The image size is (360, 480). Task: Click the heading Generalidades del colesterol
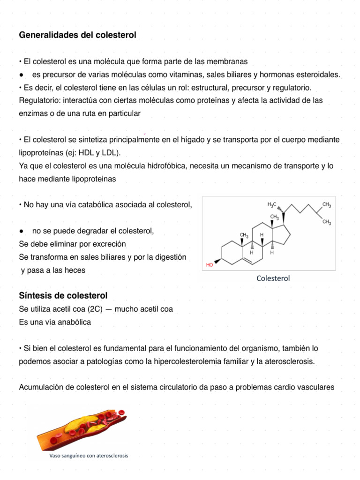coord(77,35)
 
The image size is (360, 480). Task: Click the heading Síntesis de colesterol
coord(63,295)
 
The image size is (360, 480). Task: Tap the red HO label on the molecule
coord(210,265)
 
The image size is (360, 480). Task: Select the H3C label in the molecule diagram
coord(272,205)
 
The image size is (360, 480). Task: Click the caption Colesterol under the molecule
coord(273,278)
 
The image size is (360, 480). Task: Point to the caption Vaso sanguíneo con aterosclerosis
coord(89,455)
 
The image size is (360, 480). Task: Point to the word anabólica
coord(74,322)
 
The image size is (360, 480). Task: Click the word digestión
coord(169,257)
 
